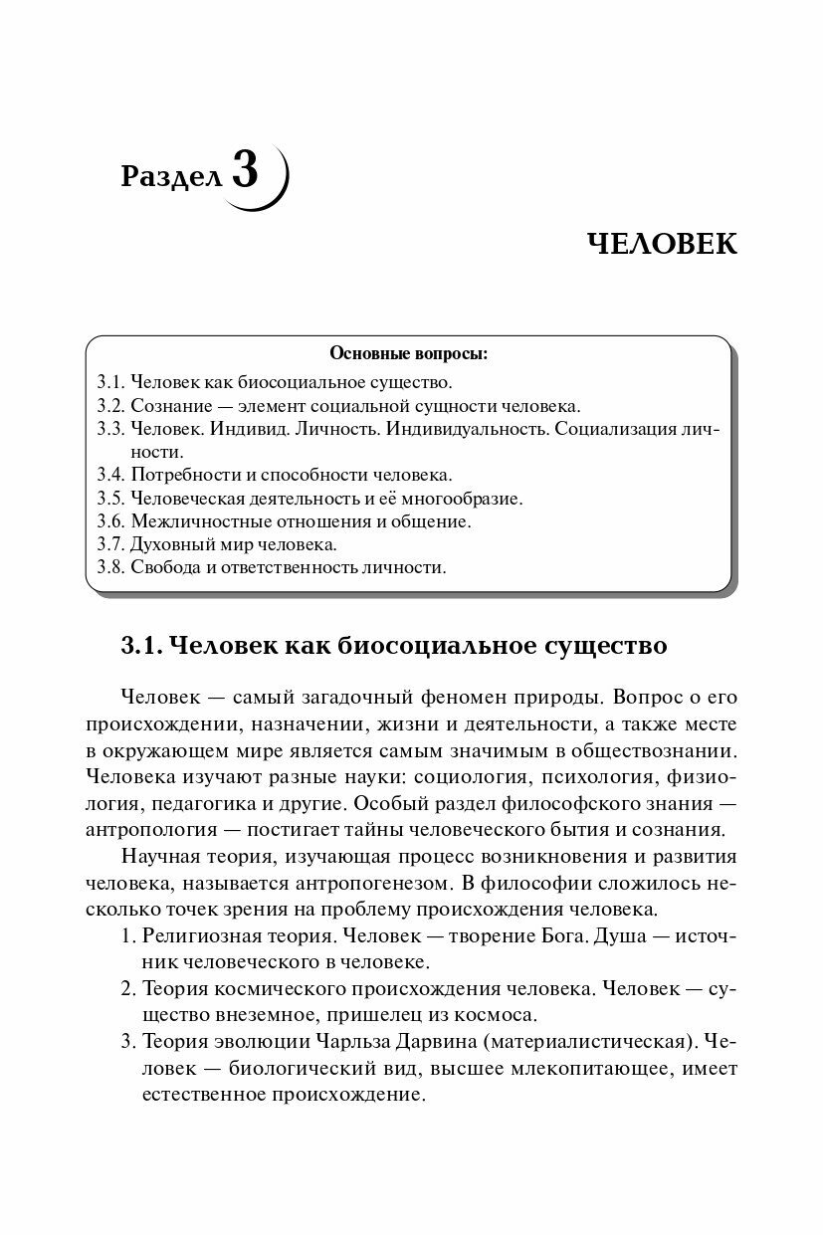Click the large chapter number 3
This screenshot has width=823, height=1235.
(245, 170)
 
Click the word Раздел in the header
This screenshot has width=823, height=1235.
(171, 177)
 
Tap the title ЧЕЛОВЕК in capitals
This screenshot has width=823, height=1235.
(662, 244)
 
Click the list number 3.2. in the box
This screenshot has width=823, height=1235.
(111, 406)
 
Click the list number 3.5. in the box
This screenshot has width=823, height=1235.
(111, 499)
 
